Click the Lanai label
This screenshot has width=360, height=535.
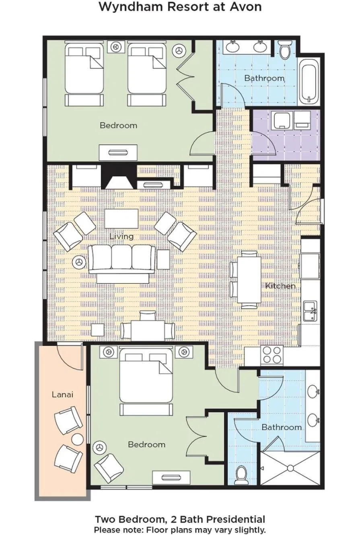pyautogui.click(x=62, y=395)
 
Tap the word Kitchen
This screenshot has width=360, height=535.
pyautogui.click(x=280, y=286)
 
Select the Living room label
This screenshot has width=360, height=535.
pyautogui.click(x=121, y=237)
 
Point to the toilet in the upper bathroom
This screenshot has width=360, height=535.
pyautogui.click(x=286, y=49)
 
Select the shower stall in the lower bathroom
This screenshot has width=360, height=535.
pyautogui.click(x=290, y=468)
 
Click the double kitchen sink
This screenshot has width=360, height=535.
pyautogui.click(x=310, y=311)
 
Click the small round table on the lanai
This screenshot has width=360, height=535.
pyautogui.click(x=78, y=440)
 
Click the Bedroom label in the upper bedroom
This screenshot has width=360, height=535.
pyautogui.click(x=118, y=126)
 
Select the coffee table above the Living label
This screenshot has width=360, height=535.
pyautogui.click(x=121, y=218)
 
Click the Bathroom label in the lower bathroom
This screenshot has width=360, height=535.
pyautogui.click(x=282, y=427)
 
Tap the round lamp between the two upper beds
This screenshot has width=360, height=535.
pyautogui.click(x=116, y=47)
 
